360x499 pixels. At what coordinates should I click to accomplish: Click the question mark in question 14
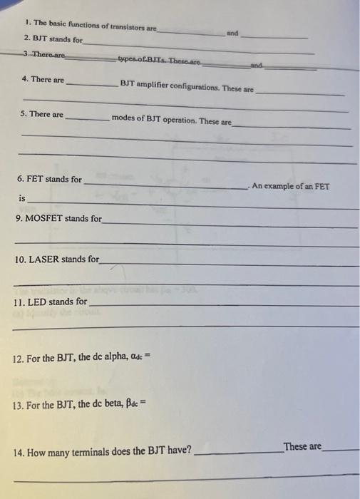[189, 451]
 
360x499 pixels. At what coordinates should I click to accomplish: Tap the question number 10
[21, 259]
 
